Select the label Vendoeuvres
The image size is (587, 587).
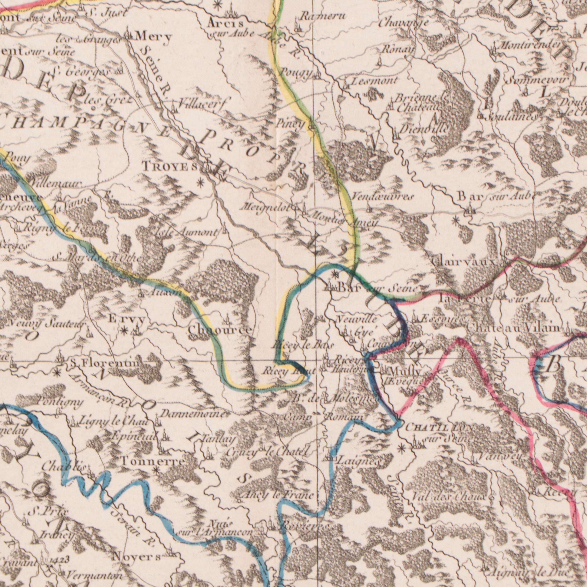(382, 198)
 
